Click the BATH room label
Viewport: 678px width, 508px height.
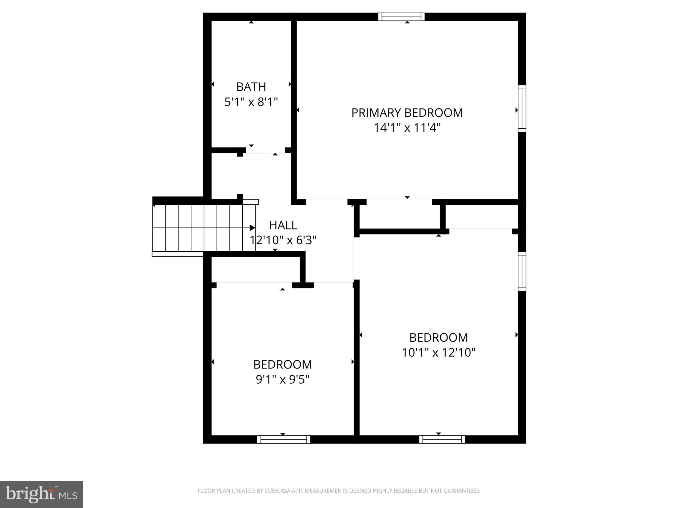click(251, 87)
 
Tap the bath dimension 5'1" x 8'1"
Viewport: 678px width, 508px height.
click(251, 102)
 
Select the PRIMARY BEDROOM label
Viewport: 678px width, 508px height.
click(407, 113)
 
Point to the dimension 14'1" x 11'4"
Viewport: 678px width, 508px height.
click(407, 128)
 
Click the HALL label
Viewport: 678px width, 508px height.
click(283, 225)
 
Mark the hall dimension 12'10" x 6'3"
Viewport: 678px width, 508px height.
click(283, 240)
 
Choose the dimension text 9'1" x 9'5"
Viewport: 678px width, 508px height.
click(282, 379)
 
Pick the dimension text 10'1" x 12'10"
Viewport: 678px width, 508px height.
click(438, 353)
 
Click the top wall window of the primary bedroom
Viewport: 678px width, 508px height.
click(401, 17)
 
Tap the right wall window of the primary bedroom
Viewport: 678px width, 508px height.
click(522, 109)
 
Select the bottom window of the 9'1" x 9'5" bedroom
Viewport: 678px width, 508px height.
click(283, 439)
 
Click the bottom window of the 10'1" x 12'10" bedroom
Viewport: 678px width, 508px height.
click(442, 439)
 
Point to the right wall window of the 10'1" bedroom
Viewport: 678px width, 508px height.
click(522, 272)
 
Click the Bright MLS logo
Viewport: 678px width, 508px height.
click(41, 494)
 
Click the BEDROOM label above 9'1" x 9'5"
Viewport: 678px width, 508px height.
click(282, 364)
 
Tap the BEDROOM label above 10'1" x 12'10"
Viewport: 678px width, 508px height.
click(438, 338)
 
